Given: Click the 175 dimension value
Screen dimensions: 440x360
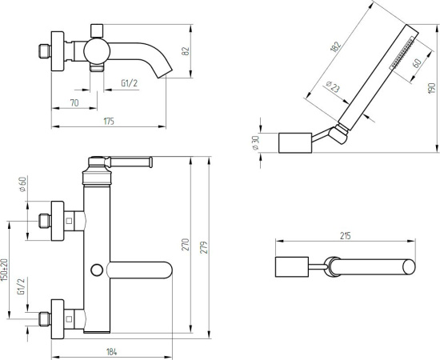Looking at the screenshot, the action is (x=109, y=122).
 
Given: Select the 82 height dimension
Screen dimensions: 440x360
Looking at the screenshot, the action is (x=186, y=51).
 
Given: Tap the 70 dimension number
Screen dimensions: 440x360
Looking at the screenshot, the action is (x=74, y=103).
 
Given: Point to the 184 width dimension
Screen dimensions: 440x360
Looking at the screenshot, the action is (x=112, y=351).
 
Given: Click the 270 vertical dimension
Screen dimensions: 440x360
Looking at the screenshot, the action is (x=186, y=244).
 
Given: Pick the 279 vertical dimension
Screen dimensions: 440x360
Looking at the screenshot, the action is (x=205, y=247).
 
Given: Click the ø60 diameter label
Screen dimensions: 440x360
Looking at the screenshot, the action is (x=22, y=184).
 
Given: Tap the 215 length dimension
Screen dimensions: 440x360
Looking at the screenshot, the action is (x=346, y=236).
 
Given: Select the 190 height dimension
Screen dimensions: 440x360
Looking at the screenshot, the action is (x=432, y=88).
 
